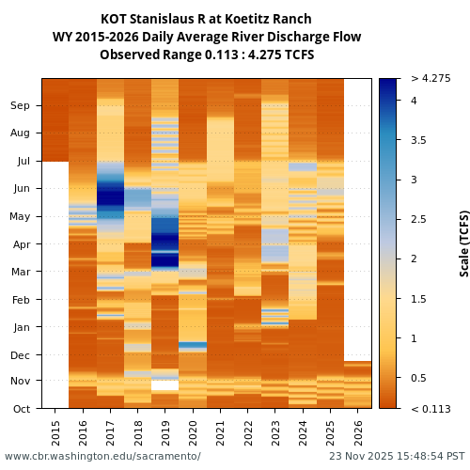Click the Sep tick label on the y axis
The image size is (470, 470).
click(x=20, y=106)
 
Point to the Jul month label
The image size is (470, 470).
click(x=22, y=162)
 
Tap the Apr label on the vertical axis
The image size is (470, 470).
click(x=21, y=244)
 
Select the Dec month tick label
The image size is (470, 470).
click(x=20, y=355)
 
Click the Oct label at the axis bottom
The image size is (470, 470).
click(x=21, y=409)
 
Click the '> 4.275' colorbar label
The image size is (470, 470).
click(x=431, y=79)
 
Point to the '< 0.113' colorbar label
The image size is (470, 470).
click(x=431, y=409)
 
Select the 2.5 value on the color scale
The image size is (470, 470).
click(x=418, y=220)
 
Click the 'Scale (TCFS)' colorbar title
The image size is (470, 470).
click(x=463, y=243)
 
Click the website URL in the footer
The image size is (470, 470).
click(x=102, y=457)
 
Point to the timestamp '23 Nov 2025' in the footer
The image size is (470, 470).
click(x=363, y=457)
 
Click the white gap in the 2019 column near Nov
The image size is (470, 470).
click(x=165, y=385)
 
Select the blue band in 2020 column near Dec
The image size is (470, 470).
click(x=193, y=346)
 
